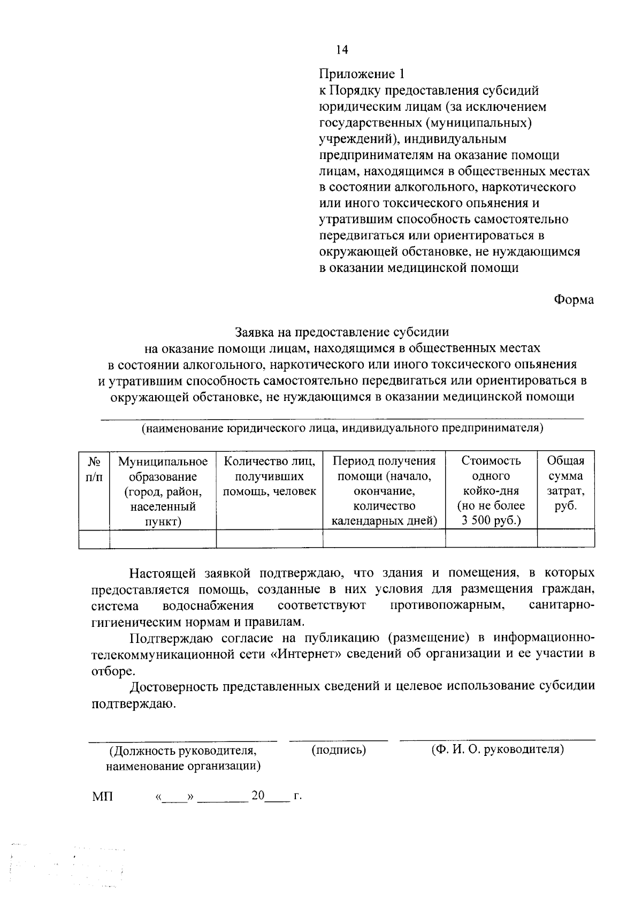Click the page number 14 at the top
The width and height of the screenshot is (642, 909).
click(342, 50)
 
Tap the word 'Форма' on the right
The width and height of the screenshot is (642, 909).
click(574, 300)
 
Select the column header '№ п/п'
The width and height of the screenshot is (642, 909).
click(94, 468)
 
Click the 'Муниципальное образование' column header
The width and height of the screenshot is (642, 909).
click(163, 491)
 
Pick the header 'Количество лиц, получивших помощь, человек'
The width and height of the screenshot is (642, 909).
click(269, 476)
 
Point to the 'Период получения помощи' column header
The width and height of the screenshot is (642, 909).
click(384, 491)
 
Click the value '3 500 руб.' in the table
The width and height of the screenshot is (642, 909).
click(491, 521)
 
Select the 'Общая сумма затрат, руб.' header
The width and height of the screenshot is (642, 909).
click(565, 483)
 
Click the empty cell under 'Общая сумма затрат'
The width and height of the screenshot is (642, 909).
click(565, 539)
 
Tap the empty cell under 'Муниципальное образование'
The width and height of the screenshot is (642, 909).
click(163, 539)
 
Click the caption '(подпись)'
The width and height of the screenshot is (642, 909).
click(339, 750)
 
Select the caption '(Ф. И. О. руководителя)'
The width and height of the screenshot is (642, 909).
click(498, 749)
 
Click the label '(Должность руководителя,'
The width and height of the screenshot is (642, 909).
click(183, 751)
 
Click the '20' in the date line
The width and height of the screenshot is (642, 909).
click(258, 796)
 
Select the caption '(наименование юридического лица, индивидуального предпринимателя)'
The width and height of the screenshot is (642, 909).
click(342, 428)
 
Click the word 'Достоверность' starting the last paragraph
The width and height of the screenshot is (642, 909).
click(172, 687)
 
